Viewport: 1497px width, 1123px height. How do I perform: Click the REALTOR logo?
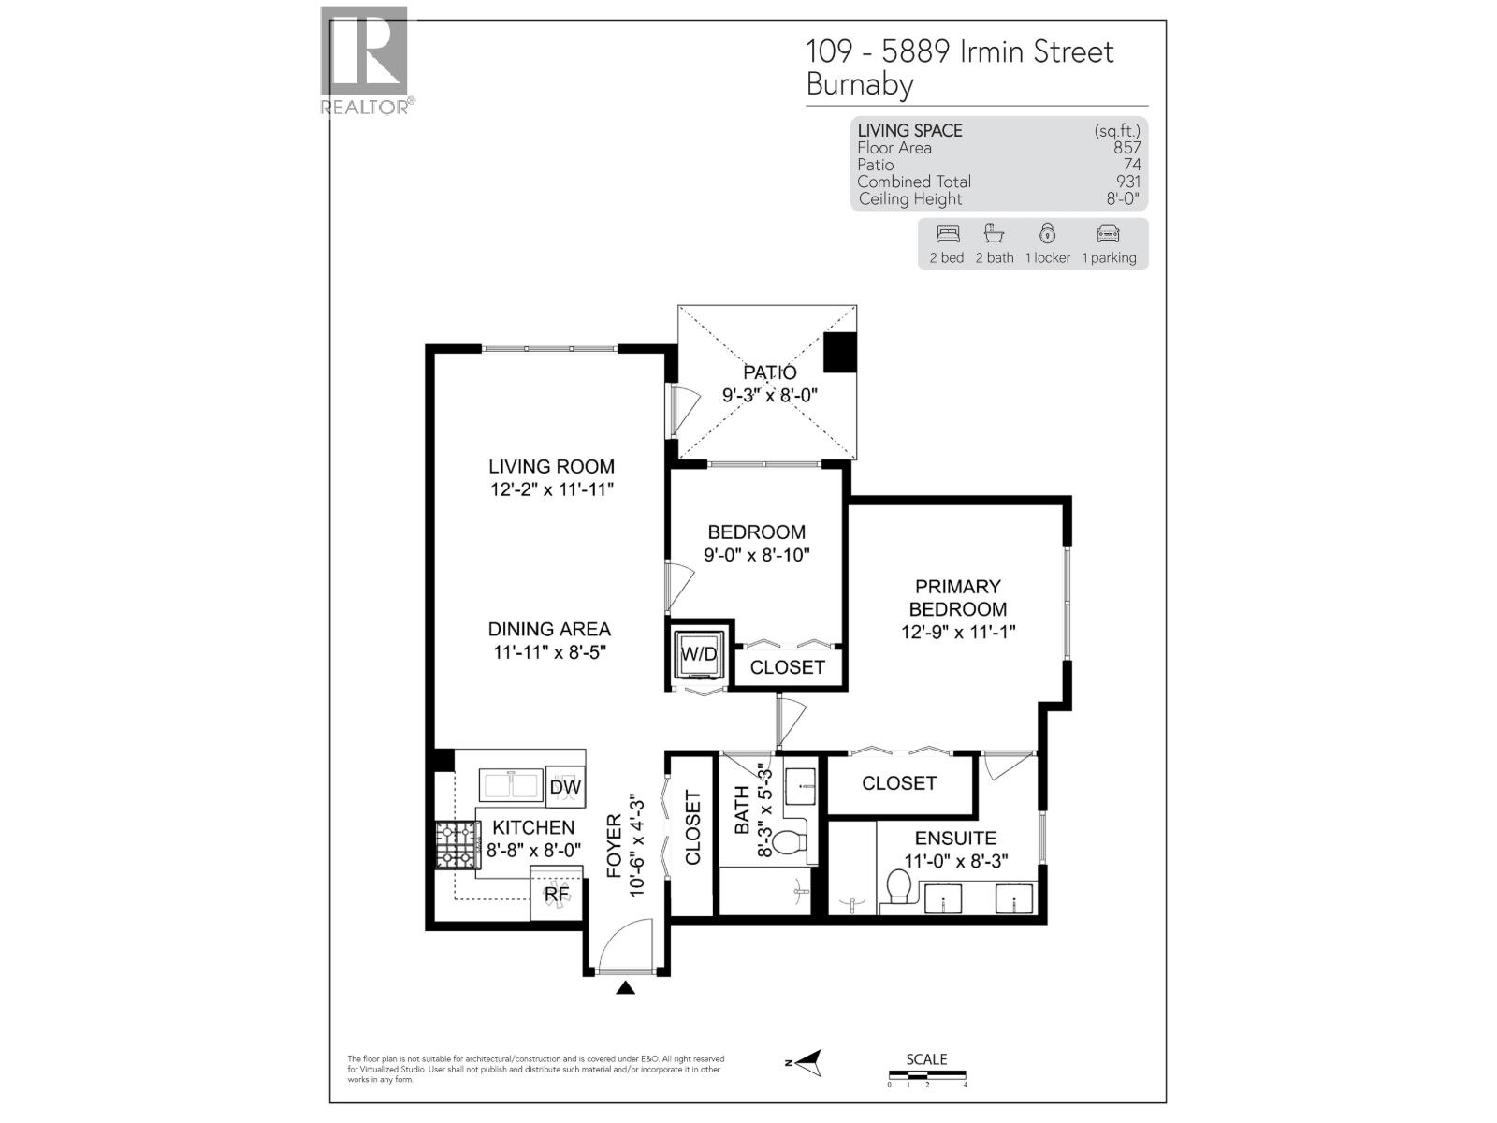point(364,58)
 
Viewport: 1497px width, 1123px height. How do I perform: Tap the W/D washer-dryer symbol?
point(698,653)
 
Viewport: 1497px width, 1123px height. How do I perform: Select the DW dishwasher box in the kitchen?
point(565,787)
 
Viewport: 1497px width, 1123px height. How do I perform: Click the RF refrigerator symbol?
point(557,893)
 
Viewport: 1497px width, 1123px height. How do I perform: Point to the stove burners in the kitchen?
point(457,845)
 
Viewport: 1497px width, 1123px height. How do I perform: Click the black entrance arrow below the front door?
point(625,987)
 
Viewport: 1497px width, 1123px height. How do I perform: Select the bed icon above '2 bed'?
point(947,234)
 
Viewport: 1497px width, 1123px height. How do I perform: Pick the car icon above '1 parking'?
point(1108,234)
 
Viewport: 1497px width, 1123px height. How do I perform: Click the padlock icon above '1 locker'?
point(1047,233)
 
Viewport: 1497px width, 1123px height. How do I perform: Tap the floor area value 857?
point(1126,148)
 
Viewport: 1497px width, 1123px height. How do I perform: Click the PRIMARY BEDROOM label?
point(958,598)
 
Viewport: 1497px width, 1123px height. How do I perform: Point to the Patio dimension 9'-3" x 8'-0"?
point(770,396)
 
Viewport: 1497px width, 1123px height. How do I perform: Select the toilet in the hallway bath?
point(792,842)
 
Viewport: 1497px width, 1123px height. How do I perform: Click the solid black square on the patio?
point(839,352)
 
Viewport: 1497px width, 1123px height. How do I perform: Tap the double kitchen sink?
point(511,784)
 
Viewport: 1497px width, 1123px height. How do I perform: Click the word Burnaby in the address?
point(860,85)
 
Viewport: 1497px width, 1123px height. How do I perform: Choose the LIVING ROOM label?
point(551,466)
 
